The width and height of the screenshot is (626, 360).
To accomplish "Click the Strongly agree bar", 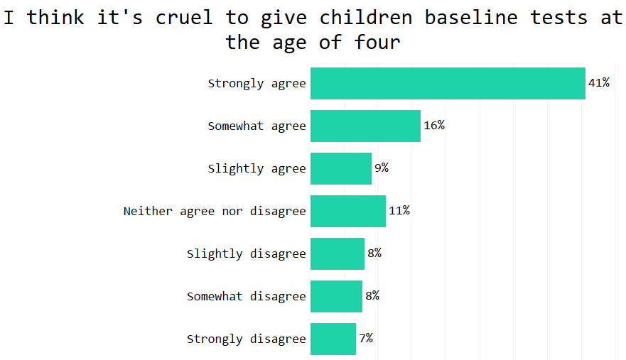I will click(448, 83).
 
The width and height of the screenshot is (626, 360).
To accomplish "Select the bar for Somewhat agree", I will click(365, 126).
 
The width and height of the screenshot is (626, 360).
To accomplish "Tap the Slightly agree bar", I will click(341, 168).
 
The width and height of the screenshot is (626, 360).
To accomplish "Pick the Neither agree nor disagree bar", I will click(348, 211).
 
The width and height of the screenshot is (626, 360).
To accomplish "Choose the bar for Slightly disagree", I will click(338, 253).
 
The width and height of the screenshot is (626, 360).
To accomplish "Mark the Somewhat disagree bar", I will click(336, 296).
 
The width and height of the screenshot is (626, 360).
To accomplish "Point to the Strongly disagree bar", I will click(333, 339).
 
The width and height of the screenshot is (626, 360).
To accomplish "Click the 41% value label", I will click(599, 83).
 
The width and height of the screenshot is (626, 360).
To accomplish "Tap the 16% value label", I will click(434, 126).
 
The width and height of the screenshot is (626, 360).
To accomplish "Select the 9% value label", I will click(382, 168).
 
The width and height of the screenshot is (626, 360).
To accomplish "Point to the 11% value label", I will click(399, 211).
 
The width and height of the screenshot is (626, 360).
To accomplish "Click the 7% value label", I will click(366, 339).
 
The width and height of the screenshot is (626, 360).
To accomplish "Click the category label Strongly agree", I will click(257, 84).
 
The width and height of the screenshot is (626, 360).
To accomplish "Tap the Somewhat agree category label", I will click(257, 126).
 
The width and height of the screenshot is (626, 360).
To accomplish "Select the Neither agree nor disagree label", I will click(215, 212).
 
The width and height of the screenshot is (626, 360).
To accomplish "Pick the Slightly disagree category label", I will click(246, 254).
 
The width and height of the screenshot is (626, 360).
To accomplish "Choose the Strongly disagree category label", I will click(246, 339).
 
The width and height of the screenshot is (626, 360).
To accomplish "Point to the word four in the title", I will click(377, 42).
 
